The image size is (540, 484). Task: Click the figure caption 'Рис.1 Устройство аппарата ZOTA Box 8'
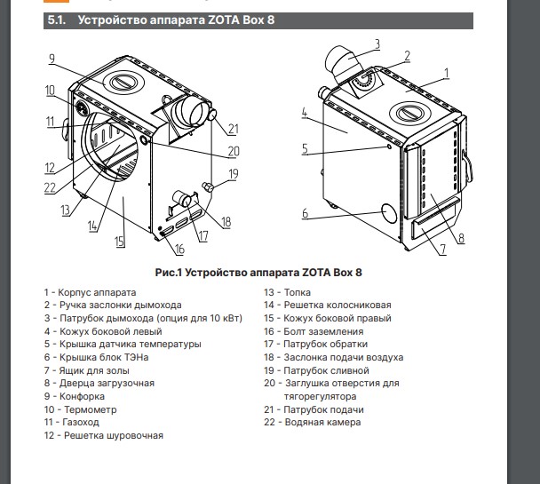pos(269,271)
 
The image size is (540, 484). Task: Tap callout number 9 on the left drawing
pos(52,59)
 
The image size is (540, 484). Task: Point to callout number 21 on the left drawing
pos(234,127)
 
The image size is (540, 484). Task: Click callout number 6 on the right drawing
pos(305,213)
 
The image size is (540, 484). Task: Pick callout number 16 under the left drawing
pos(179,250)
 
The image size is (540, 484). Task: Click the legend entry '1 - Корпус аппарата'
pos(90,292)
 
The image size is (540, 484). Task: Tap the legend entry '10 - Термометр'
pos(79,409)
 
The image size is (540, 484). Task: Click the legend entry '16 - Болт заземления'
pos(313,331)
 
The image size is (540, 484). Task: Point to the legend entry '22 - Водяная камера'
pos(313,423)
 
